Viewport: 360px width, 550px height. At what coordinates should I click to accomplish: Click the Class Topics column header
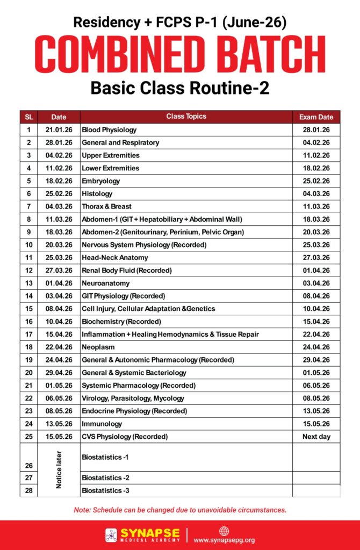point(186,117)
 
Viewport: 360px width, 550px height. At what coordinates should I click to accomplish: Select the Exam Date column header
point(316,117)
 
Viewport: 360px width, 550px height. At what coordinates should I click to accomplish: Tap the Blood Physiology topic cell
point(109,130)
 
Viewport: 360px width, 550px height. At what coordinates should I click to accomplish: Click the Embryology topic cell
point(100,181)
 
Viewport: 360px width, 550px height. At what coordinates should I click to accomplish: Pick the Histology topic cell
point(97,194)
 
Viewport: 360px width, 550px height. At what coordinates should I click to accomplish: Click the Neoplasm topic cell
point(98,347)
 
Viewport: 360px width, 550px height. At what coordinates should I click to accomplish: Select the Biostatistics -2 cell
point(105,478)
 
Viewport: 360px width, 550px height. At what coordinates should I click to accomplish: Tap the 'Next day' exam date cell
point(316,437)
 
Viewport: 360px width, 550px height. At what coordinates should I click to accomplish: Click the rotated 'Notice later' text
point(59,469)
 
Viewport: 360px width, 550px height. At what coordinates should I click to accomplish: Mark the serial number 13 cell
point(28,283)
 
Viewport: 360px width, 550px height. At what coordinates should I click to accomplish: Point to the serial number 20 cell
point(28,373)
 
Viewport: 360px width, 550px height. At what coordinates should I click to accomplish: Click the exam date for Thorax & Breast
point(316,206)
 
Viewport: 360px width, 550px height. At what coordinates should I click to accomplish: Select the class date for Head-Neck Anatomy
point(59,257)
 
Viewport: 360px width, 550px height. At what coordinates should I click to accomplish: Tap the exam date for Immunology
point(316,424)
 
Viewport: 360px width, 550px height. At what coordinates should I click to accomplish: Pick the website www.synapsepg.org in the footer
point(224,540)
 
